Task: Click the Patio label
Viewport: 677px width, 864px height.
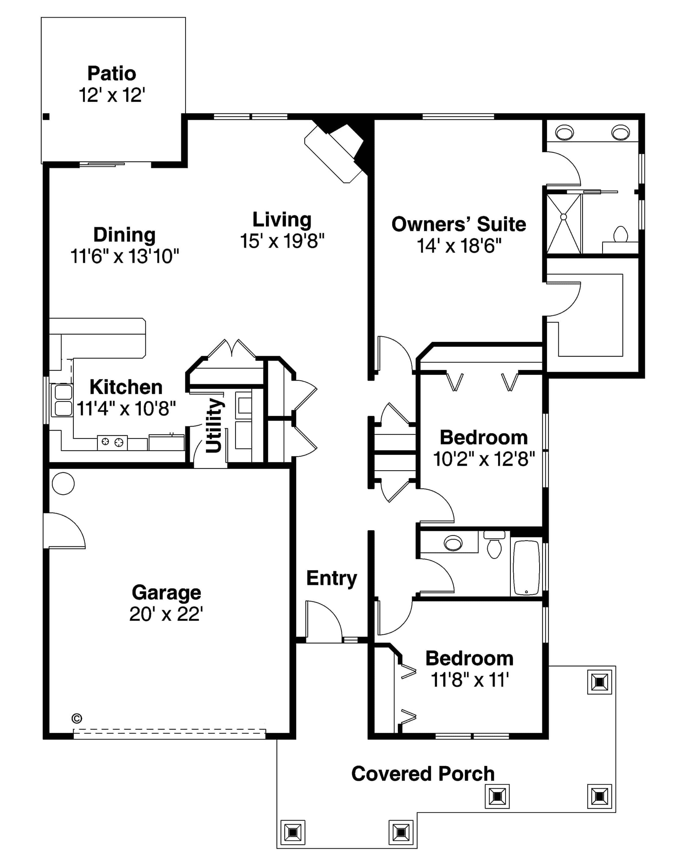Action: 112,74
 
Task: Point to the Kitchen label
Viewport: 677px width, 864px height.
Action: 126,387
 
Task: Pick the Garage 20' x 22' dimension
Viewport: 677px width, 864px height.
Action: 166,614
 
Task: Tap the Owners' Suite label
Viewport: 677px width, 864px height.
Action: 459,224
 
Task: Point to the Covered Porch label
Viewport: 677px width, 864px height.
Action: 423,774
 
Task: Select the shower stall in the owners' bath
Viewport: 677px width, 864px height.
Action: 564,224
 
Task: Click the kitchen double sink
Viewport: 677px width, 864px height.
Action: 64,400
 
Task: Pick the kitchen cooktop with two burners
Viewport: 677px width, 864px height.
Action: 112,442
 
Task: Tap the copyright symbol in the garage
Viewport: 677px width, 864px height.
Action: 77,719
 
